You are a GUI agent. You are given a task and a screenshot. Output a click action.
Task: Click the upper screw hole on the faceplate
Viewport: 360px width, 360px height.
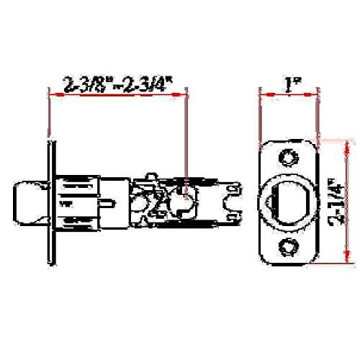pyautogui.click(x=289, y=157)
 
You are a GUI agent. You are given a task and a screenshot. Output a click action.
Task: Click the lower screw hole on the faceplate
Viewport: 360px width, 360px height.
pyautogui.click(x=289, y=246)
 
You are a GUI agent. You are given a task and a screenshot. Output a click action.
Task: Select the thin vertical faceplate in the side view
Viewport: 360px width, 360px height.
pyautogui.click(x=50, y=202)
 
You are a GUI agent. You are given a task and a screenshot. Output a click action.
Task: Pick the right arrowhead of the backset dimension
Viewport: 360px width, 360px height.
pyautogui.click(x=184, y=92)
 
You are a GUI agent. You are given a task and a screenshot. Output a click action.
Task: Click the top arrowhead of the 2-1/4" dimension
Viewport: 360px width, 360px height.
pyautogui.click(x=346, y=143)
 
